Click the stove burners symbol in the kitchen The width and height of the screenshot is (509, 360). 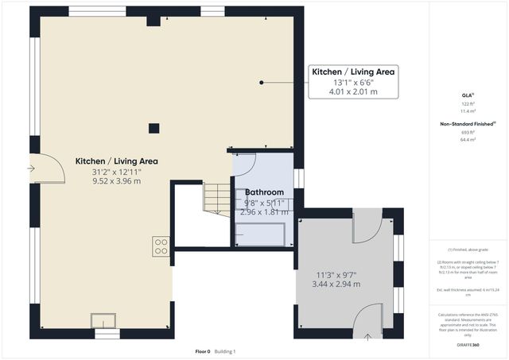pyautogui.click(x=160, y=246)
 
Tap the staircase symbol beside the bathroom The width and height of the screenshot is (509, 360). pyautogui.click(x=216, y=197)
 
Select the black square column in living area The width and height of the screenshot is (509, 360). pyautogui.click(x=154, y=127)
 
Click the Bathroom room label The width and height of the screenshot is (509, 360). pyautogui.click(x=264, y=192)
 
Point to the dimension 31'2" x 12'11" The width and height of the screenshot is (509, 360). pyautogui.click(x=116, y=171)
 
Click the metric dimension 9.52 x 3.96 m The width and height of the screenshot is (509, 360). pyautogui.click(x=116, y=181)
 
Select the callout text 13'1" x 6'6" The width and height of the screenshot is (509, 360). pyautogui.click(x=354, y=82)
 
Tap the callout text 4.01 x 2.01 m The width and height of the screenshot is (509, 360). pyautogui.click(x=354, y=92)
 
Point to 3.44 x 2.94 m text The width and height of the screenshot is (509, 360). pyautogui.click(x=337, y=285)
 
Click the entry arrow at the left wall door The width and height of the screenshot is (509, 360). pyautogui.click(x=32, y=168)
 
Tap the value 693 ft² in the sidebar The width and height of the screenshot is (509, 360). pyautogui.click(x=467, y=132)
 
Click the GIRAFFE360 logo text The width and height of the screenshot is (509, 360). pyautogui.click(x=467, y=346)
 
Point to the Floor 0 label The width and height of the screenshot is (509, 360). pyautogui.click(x=203, y=351)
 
